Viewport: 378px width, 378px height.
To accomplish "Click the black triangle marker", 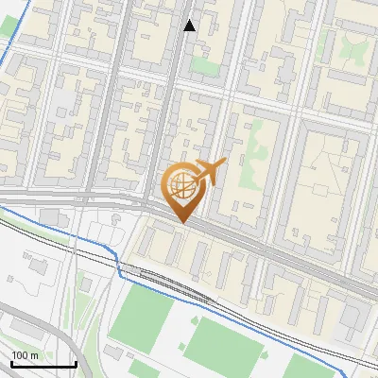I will pyautogui.click(x=190, y=26).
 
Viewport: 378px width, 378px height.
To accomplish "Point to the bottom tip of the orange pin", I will pyautogui.click(x=181, y=222).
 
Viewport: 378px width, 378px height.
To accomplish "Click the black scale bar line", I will pyautogui.click(x=43, y=365).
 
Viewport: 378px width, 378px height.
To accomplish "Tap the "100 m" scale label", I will pyautogui.click(x=25, y=355).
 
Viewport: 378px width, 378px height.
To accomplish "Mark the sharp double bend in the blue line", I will pyautogui.click(x=120, y=269).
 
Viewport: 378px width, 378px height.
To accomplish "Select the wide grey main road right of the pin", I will pyautogui.click(x=283, y=255).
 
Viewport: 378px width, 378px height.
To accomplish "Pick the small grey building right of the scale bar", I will pyautogui.click(x=113, y=352).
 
